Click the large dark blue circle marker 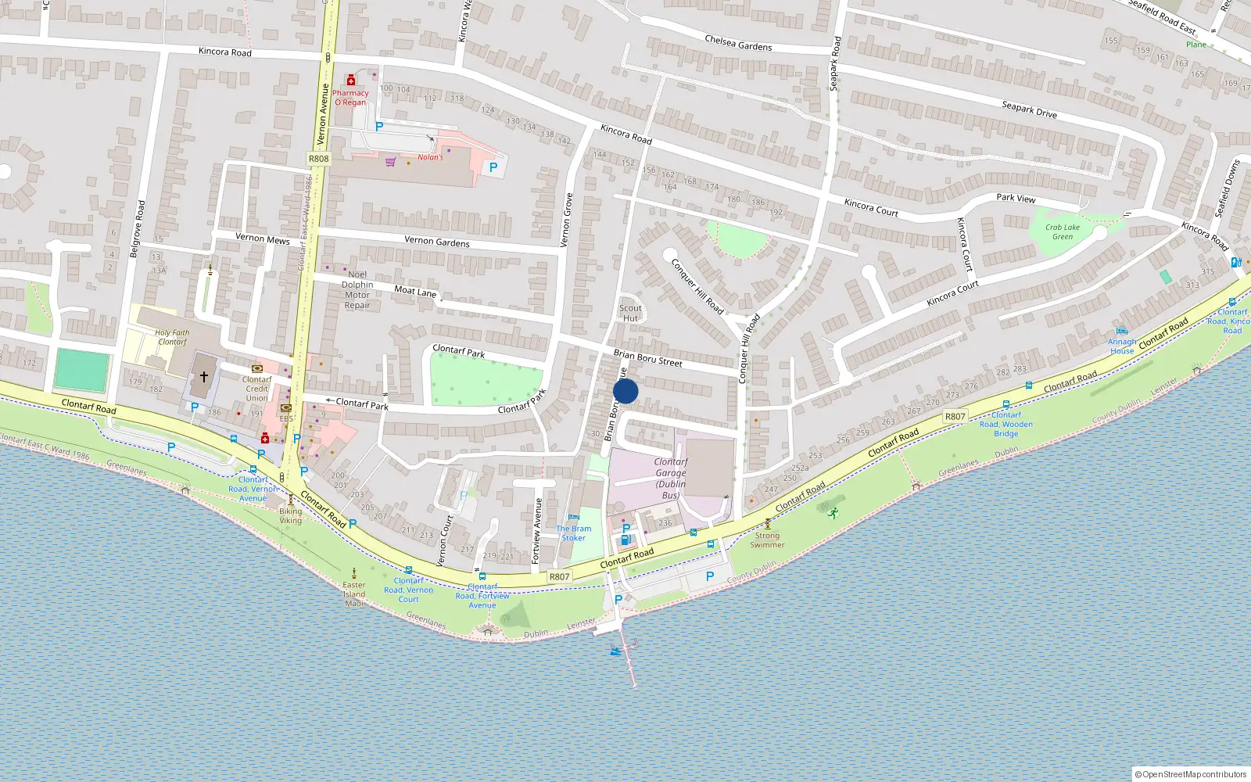625,391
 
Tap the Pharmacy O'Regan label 350,98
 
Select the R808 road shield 319,159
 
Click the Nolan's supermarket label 430,157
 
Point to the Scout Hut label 630,313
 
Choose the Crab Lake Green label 1063,232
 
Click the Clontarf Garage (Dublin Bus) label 671,478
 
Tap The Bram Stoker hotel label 574,533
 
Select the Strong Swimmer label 767,540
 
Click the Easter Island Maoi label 354,594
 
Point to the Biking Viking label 290,515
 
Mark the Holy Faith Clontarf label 172,337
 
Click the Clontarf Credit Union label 256,389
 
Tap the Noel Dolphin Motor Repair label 357,290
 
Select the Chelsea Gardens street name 738,43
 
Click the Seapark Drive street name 1029,109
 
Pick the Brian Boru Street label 647,358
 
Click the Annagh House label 1122,346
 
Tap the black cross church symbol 204,377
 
